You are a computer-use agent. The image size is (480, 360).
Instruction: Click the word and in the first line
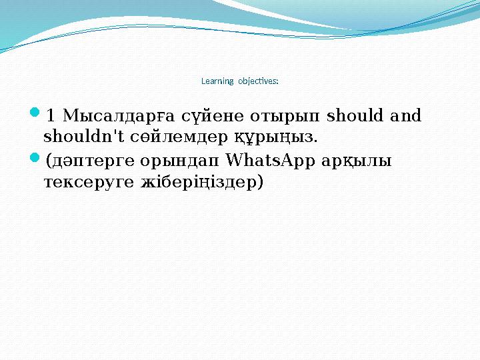coord(406,117)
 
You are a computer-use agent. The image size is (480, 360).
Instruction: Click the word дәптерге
coord(88,162)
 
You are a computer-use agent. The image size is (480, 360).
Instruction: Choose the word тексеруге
coord(87,183)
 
